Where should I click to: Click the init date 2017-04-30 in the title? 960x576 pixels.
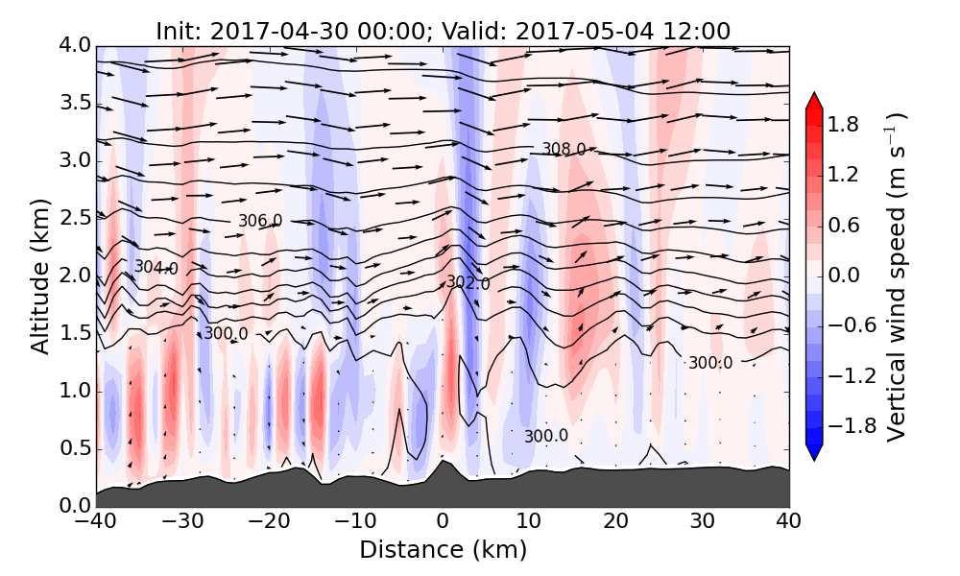point(262,31)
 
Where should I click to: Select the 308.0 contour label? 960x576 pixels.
point(564,149)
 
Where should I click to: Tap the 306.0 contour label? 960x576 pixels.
point(260,221)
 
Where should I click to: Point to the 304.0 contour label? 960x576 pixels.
point(156,268)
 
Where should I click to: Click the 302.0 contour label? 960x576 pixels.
point(468,283)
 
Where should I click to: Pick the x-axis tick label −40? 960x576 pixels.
point(96,522)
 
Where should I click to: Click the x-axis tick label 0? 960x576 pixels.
point(443,522)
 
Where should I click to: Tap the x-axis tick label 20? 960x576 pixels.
point(616,522)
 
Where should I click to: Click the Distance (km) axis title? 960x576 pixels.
point(443,550)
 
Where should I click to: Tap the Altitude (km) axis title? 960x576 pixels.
point(40,276)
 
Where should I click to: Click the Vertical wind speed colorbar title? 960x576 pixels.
point(895,276)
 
